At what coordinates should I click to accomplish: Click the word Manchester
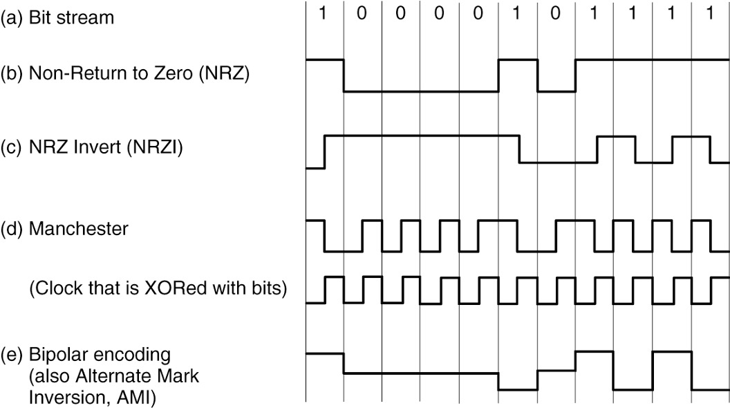pos(78,228)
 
